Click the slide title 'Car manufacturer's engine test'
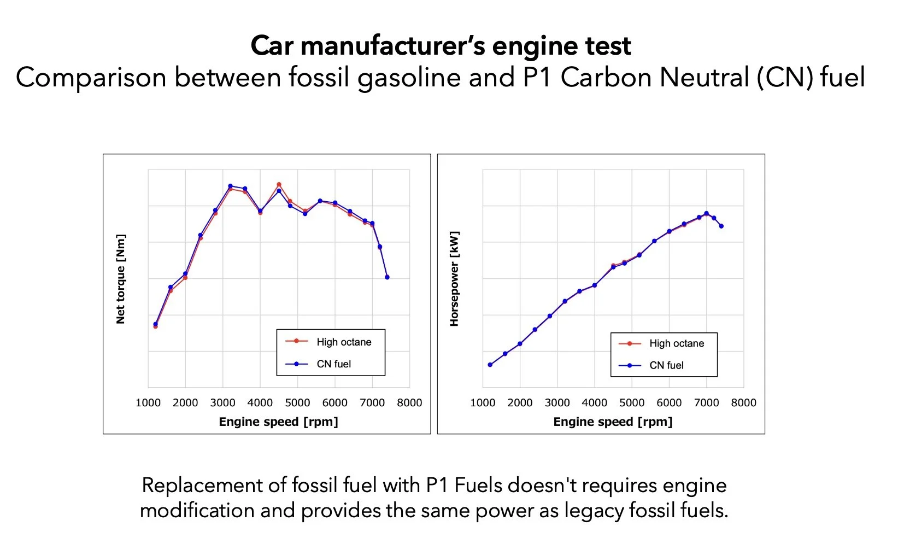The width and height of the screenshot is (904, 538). [441, 46]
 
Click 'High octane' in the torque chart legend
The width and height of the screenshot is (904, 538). [344, 342]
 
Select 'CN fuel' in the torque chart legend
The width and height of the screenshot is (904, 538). [333, 364]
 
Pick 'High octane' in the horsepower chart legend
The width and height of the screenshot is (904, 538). [677, 343]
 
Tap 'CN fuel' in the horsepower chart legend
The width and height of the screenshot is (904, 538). [666, 365]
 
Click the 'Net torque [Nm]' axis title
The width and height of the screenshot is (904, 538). [121, 279]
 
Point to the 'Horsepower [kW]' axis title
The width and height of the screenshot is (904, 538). [454, 279]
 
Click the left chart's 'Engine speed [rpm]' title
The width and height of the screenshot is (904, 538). [278, 422]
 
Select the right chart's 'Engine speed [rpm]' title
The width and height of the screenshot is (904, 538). [613, 422]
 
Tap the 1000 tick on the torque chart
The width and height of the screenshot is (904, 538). [148, 403]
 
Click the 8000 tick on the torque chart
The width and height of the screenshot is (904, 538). [409, 403]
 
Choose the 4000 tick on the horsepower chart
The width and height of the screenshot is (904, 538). [595, 403]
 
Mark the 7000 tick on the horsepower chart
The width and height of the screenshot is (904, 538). [706, 403]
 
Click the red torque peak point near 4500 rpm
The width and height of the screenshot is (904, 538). [279, 185]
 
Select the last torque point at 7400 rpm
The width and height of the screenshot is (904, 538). [387, 277]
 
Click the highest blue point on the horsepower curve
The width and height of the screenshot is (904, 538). [706, 213]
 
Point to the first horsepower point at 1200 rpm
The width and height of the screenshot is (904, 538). [490, 365]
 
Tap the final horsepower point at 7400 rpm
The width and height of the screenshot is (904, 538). [721, 226]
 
